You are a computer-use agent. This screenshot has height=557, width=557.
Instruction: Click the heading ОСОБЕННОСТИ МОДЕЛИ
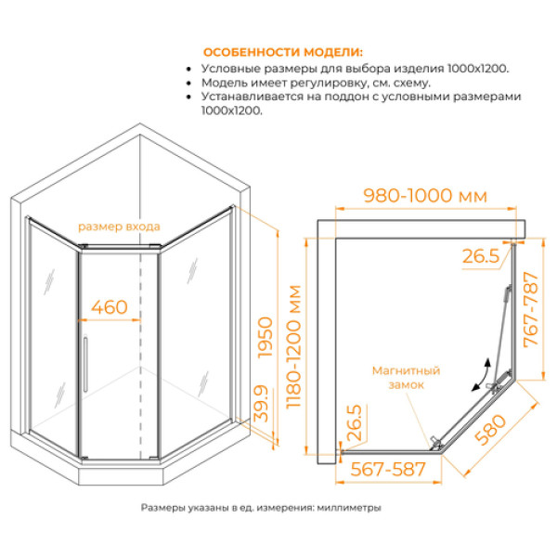click(x=283, y=52)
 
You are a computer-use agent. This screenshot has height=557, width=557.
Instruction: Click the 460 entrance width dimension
click(x=110, y=305)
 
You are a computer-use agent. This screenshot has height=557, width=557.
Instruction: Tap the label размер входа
click(x=119, y=227)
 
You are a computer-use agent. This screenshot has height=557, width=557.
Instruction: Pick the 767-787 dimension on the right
click(x=531, y=310)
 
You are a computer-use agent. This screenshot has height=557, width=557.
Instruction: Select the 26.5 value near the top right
click(x=480, y=255)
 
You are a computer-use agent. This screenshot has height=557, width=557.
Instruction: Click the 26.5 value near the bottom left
click(x=354, y=423)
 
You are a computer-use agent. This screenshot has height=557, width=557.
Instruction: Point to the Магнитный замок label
click(x=405, y=377)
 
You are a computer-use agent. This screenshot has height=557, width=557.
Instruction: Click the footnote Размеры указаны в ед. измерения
click(x=261, y=508)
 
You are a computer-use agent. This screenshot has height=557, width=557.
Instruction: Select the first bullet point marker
click(x=191, y=70)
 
